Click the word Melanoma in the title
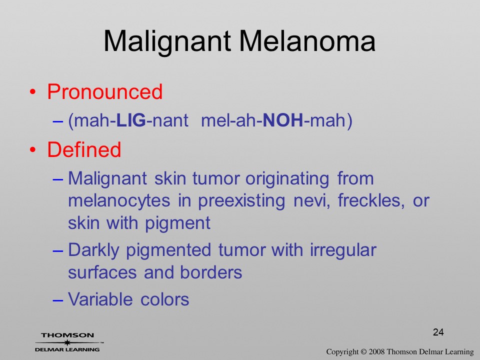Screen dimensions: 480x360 point(306,41)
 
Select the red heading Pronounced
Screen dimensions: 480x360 point(104,91)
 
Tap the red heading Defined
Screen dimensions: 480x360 point(84,149)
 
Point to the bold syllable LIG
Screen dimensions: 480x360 point(131,120)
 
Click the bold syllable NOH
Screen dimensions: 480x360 point(283,120)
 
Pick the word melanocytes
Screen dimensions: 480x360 point(119,200)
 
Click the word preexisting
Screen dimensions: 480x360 point(241,201)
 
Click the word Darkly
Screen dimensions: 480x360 point(93,250)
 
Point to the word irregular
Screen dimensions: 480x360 point(343,250)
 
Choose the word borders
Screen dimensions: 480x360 point(211,272)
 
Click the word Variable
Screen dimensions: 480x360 point(100,299)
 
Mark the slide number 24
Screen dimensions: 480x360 point(438,332)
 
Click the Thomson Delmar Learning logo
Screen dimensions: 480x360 point(68,342)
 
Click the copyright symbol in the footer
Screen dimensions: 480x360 point(363,352)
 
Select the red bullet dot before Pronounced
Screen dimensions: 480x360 point(33,92)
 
